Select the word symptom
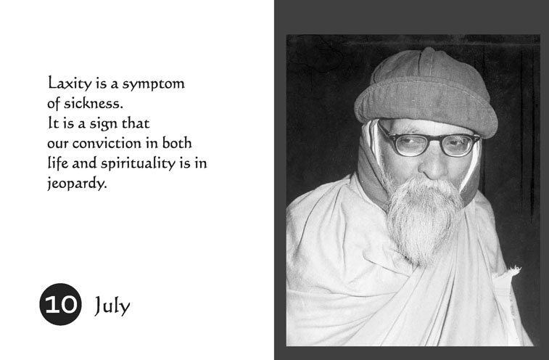pyautogui.click(x=154, y=84)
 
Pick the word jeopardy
pyautogui.click(x=76, y=184)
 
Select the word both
pyautogui.click(x=176, y=143)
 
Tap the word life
pyautogui.click(x=57, y=163)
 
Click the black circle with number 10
pyautogui.click(x=59, y=304)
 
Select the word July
pyautogui.click(x=112, y=306)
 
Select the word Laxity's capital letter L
pyautogui.click(x=51, y=83)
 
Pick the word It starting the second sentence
pyautogui.click(x=52, y=123)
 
